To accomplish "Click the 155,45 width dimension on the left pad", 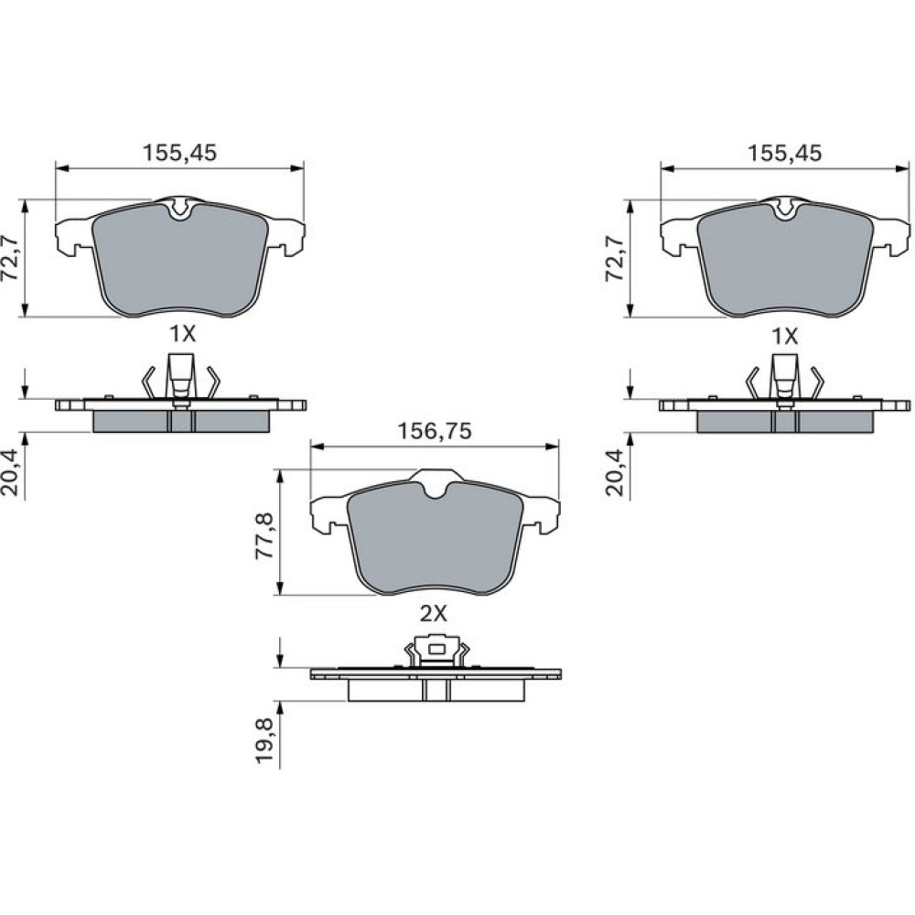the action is (x=179, y=153).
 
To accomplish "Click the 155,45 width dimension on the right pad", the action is (x=784, y=153).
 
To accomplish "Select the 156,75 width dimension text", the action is (x=435, y=431).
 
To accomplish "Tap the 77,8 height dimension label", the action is (x=265, y=536).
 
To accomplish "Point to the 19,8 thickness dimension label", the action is (x=265, y=740).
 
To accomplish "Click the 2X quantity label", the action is (x=434, y=613).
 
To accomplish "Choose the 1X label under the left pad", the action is (x=182, y=334).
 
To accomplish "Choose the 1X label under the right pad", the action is (x=785, y=336).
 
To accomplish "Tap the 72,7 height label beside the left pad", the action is (x=11, y=258).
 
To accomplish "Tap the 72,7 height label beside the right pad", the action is (x=616, y=258).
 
